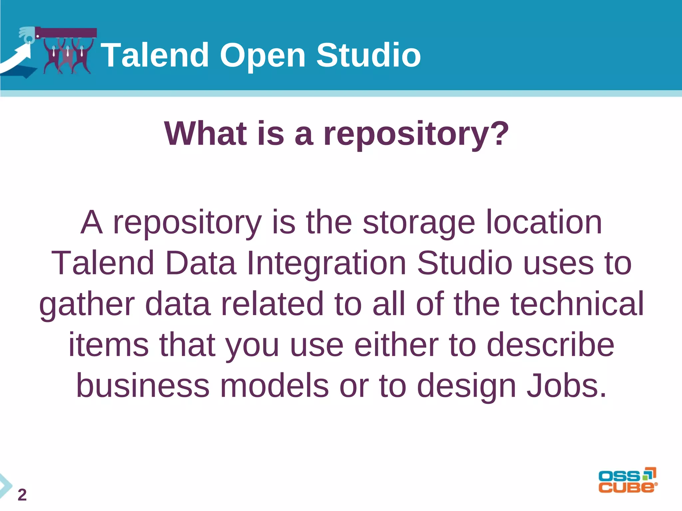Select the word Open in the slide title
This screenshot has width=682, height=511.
pyautogui.click(x=262, y=56)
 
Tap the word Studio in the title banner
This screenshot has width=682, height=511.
pyautogui.click(x=368, y=55)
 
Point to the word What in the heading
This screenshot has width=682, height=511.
pyautogui.click(x=205, y=133)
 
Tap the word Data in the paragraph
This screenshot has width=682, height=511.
pyautogui.click(x=200, y=263)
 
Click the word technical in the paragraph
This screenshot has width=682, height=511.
pyautogui.click(x=577, y=303)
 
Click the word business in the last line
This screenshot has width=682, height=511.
pyautogui.click(x=143, y=386)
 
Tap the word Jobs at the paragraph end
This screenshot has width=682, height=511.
pyautogui.click(x=566, y=386)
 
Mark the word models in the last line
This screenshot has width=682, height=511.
pyautogui.click(x=274, y=386)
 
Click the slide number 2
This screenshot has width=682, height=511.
pyautogui.click(x=22, y=495)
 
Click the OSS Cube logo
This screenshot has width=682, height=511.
pyautogui.click(x=628, y=480)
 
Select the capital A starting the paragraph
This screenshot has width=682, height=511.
pyautogui.click(x=91, y=222)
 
